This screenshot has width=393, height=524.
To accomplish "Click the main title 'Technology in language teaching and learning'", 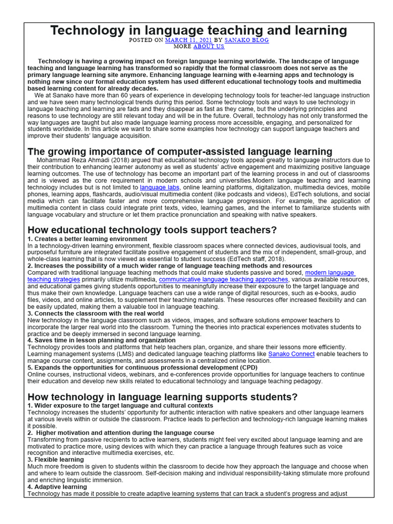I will (x=198, y=30).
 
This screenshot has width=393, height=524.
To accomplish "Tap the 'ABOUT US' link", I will (x=208, y=46).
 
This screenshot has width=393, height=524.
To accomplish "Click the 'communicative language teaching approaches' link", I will (x=224, y=280).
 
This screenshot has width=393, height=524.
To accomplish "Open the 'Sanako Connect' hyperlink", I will (x=291, y=354).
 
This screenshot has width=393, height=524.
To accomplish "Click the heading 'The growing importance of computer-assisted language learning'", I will (x=180, y=151).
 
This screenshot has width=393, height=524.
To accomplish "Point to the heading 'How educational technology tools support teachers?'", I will (x=152, y=230).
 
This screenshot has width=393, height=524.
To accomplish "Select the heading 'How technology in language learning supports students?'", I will (x=162, y=397).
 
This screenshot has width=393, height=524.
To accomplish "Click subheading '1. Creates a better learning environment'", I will (x=87, y=239).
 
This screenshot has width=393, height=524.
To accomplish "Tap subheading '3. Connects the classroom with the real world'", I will (x=96, y=313).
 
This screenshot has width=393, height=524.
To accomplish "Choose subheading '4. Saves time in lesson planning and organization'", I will (x=101, y=340).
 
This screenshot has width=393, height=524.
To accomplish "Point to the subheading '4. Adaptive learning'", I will (x=57, y=487).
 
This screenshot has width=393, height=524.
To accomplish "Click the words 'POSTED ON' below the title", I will (x=146, y=40).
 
